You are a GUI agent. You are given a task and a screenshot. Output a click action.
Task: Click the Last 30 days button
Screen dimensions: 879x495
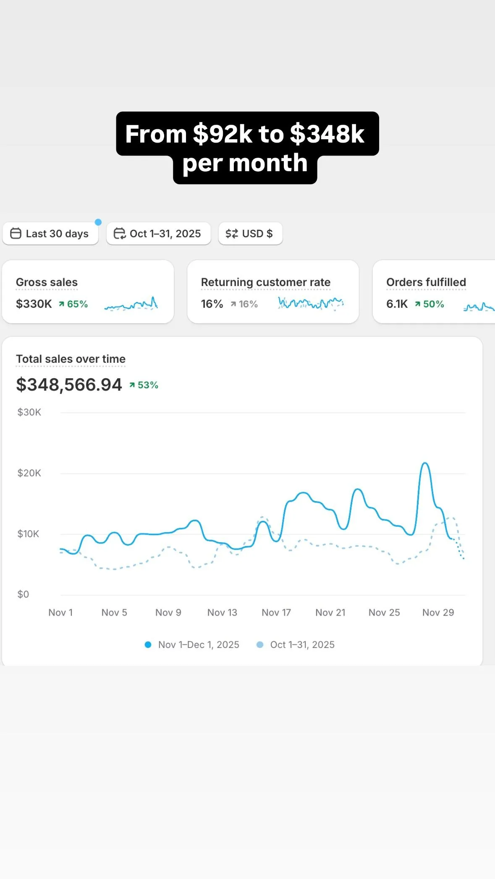50,234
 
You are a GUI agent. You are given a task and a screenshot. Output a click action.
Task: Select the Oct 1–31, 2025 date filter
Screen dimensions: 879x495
158,234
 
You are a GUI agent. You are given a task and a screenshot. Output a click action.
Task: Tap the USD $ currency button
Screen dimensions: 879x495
250,234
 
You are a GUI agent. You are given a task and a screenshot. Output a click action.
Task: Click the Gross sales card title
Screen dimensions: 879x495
47,282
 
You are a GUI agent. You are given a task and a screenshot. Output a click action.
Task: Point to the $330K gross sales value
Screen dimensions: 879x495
34,304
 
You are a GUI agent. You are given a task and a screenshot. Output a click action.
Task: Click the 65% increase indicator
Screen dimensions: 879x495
73,304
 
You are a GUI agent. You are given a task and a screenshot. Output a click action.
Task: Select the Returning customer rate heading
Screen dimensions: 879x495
265,282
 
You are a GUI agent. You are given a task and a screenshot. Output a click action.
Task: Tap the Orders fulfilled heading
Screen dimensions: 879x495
426,282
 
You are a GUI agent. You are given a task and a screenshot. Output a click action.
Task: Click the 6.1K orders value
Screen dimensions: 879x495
397,304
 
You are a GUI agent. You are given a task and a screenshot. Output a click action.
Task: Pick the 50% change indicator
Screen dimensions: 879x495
430,304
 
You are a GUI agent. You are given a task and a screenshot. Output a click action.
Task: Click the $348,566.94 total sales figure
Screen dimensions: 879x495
69,385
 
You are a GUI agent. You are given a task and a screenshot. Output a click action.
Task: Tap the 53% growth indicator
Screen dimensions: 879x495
144,385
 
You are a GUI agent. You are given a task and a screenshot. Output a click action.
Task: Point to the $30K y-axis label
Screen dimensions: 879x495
29,412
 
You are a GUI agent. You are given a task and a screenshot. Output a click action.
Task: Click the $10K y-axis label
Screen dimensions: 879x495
28,534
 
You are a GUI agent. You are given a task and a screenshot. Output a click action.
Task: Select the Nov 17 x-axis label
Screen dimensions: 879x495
276,613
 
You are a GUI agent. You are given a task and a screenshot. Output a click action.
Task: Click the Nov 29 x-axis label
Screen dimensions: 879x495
438,613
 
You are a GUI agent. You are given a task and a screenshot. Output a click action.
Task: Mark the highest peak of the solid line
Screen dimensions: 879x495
425,463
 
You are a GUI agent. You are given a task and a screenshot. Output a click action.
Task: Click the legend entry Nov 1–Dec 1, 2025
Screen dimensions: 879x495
192,645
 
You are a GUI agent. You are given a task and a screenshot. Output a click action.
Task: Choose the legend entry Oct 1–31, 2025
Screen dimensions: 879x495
296,645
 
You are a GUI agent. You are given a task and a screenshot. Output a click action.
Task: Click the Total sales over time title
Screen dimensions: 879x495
71,359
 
